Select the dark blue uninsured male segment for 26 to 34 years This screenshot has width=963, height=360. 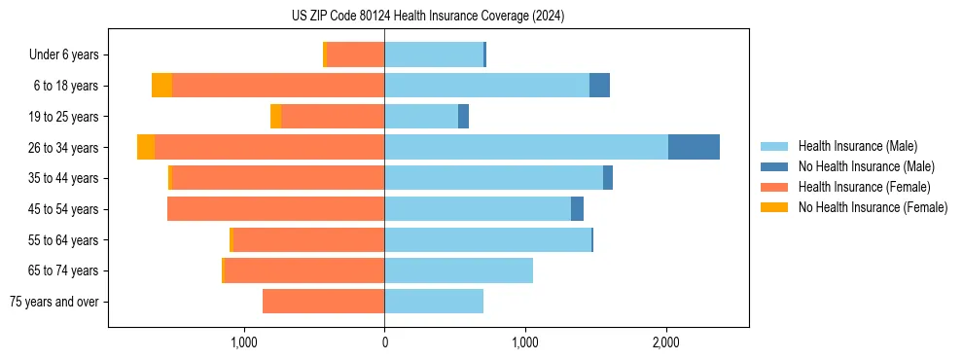click(694, 147)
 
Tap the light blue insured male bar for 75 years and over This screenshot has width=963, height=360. click(434, 302)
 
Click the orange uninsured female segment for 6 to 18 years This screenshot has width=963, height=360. click(161, 86)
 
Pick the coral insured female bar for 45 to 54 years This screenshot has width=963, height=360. click(275, 209)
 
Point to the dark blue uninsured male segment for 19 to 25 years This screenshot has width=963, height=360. click(463, 117)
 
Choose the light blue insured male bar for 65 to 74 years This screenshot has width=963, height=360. click(458, 270)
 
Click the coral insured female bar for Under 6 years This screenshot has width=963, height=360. click(356, 54)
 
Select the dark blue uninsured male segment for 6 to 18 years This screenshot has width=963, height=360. click(599, 86)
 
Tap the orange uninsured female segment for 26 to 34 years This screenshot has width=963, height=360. click(146, 147)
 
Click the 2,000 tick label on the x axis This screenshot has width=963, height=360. click(666, 342)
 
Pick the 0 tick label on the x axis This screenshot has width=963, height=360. click(384, 342)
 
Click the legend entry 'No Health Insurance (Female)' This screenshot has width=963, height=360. click(873, 207)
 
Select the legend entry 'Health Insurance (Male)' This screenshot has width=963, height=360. click(857, 146)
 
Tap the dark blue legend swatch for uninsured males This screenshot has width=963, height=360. click(774, 166)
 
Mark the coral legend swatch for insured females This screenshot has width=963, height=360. click(774, 187)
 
